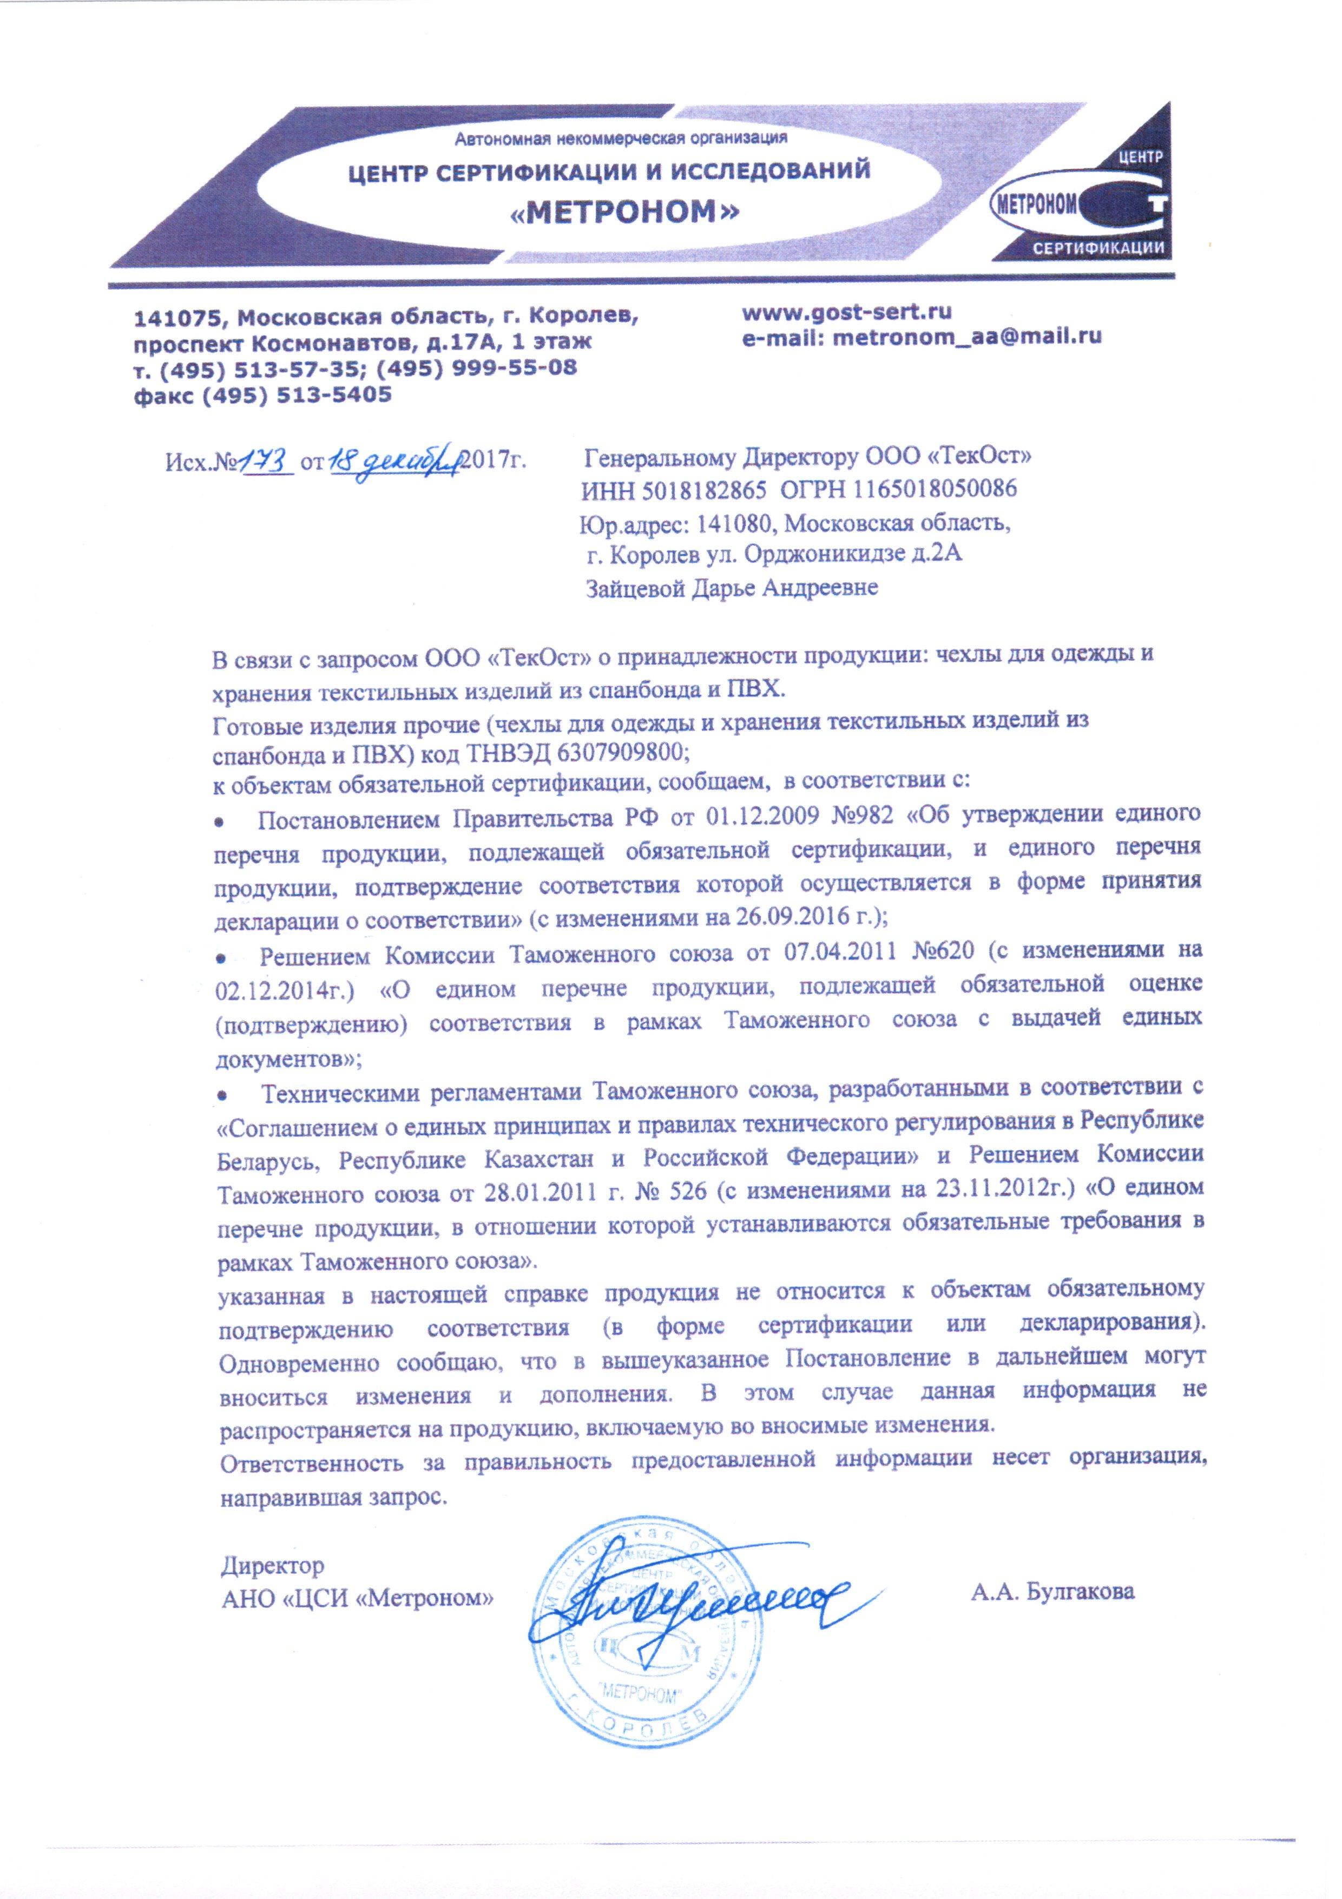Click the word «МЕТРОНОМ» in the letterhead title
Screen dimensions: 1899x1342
tap(624, 213)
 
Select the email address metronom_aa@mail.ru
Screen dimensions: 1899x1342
tap(968, 338)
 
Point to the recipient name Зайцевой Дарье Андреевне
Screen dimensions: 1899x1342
tap(731, 588)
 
